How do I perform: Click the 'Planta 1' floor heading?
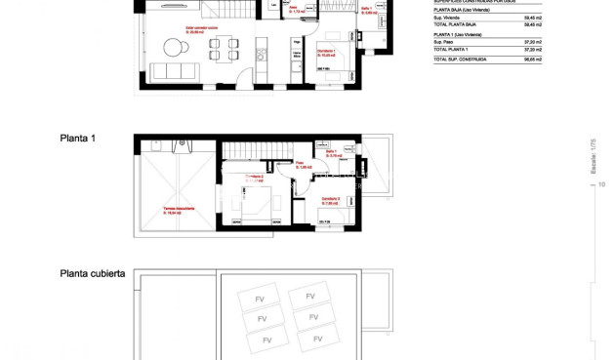(77, 139)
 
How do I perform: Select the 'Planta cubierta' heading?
(92, 274)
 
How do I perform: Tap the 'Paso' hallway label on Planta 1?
(303, 166)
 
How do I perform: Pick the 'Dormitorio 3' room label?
(330, 199)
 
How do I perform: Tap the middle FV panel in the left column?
(262, 319)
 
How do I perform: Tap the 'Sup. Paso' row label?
(444, 42)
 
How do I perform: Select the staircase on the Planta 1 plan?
(257, 152)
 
